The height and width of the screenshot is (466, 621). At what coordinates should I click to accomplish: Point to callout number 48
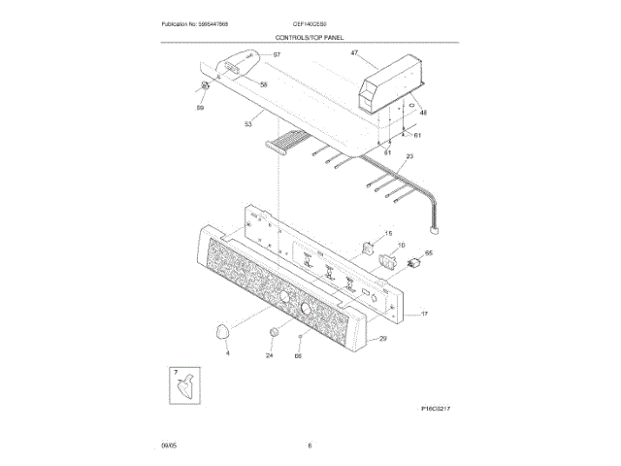[x=423, y=113]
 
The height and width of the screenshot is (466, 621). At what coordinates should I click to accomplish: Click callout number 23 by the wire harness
[x=409, y=156]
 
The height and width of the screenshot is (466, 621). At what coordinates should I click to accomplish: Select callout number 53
[x=248, y=123]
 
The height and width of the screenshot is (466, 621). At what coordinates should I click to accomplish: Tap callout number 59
[x=201, y=109]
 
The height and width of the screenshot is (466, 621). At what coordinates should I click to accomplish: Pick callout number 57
[x=276, y=55]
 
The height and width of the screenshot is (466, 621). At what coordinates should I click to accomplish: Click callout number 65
[x=429, y=252]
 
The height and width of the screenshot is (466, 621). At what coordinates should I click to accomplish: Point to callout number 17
[x=423, y=315]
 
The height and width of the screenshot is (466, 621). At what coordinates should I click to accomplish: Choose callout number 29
[x=382, y=339]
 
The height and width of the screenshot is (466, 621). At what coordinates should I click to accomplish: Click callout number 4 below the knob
[x=227, y=355]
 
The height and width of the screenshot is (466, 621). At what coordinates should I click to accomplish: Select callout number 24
[x=270, y=356]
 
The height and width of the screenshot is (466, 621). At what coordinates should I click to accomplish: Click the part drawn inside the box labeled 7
[x=183, y=386]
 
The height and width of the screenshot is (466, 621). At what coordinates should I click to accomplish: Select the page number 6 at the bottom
[x=310, y=446]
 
